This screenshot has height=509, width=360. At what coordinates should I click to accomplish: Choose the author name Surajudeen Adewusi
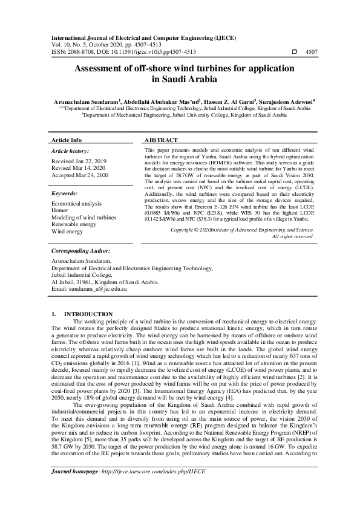pyautogui.click(x=286, y=102)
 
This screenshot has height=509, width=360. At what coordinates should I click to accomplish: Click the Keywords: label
pyautogui.click(x=65, y=193)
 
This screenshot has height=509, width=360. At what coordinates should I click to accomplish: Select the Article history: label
pyautogui.click(x=70, y=151)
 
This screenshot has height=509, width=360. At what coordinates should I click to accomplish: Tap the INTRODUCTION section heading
pyautogui.click(x=88, y=314)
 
